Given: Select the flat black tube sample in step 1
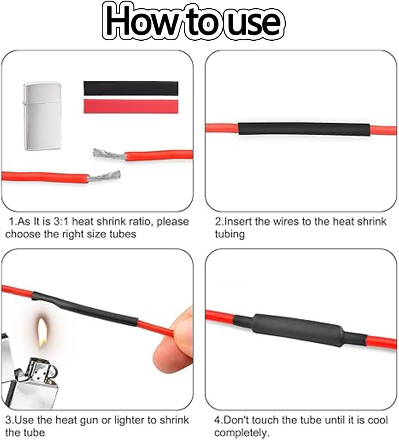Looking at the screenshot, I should pos(131,88).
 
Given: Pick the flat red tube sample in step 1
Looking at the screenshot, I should pos(131,106).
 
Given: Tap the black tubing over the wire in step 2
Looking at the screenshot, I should pos(304,129).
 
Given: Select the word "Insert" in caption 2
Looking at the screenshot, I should pos(238,221).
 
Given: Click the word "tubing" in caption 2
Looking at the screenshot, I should pos(230,234).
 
